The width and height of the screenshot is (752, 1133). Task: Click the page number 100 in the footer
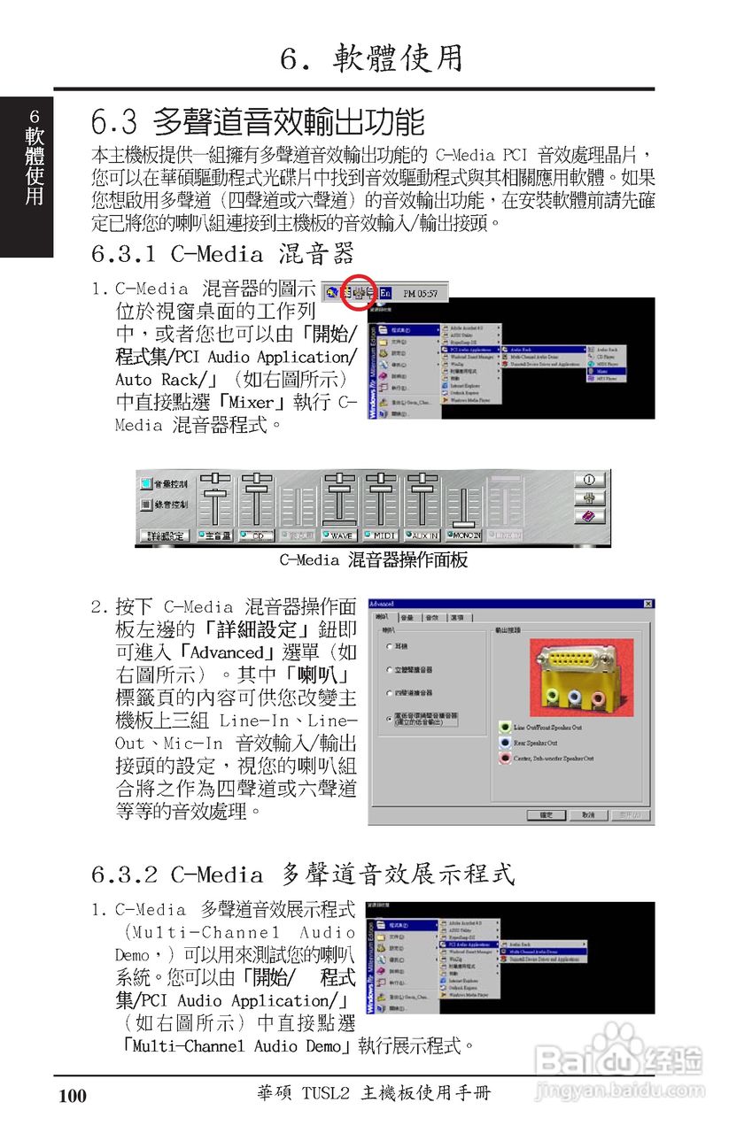pos(73,1096)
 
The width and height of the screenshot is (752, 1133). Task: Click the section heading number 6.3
pos(113,121)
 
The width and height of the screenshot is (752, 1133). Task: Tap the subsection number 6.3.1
pos(123,254)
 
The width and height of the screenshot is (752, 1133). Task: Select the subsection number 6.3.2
pos(123,875)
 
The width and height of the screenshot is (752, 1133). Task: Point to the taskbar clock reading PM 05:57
pos(420,292)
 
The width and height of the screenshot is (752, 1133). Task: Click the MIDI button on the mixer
pos(382,536)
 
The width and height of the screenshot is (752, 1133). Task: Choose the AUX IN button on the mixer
pos(423,536)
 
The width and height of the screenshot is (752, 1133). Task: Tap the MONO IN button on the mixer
pos(464,536)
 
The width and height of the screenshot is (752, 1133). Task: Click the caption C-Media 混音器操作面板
pos(373,559)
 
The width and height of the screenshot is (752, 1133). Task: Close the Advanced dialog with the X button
pos(647,604)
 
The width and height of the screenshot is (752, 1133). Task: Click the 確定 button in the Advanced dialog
pos(546,814)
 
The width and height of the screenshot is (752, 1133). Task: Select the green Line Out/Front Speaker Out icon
pos(505,727)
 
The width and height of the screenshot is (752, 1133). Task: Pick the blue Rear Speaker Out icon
pos(505,743)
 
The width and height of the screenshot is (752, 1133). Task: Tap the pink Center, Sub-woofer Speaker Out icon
pos(505,759)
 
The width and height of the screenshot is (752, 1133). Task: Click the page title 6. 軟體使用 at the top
pos(372,58)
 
